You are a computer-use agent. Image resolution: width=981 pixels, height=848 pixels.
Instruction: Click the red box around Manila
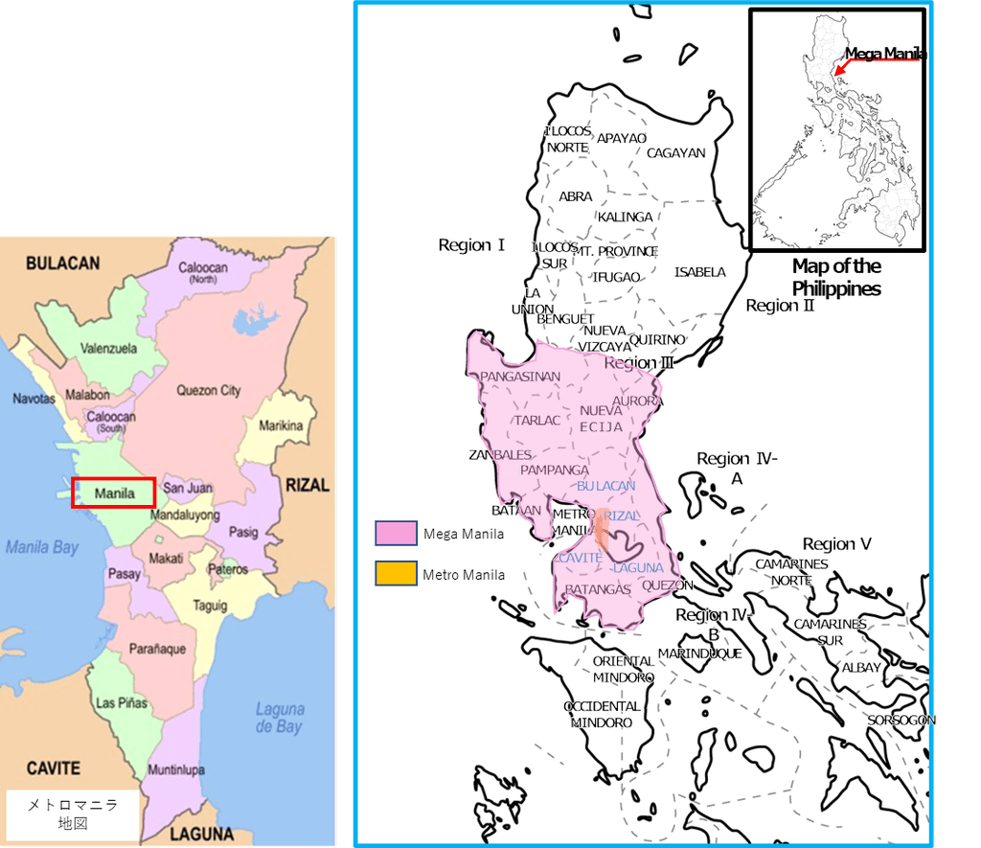113,493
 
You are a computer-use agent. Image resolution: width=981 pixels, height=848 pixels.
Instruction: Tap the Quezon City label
208,390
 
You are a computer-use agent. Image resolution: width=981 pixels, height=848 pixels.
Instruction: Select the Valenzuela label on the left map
108,348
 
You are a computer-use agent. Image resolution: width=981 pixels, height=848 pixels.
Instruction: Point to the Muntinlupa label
175,769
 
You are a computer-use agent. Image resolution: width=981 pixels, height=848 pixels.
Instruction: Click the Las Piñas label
122,702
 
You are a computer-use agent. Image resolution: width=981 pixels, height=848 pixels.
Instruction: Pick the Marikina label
281,425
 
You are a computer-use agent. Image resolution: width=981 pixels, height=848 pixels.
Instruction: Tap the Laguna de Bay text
280,718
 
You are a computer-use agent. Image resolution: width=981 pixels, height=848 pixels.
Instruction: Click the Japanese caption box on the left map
73,814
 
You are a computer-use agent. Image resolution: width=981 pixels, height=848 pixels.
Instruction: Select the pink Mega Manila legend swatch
396,534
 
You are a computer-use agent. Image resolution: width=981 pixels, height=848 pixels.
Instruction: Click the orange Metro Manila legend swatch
396,574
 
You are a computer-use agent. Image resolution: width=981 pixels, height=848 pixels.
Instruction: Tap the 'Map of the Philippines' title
836,277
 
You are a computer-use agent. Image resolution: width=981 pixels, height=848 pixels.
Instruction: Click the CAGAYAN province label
675,152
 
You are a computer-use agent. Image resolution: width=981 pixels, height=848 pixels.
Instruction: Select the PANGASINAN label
520,377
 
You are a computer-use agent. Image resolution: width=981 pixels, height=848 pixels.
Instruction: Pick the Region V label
836,544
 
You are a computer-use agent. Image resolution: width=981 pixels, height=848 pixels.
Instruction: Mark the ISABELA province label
699,272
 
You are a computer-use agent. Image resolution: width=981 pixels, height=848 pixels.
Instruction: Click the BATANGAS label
598,589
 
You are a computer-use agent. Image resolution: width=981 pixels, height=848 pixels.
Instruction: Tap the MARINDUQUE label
699,653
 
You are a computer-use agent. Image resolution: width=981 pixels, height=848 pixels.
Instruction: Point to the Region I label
471,245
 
